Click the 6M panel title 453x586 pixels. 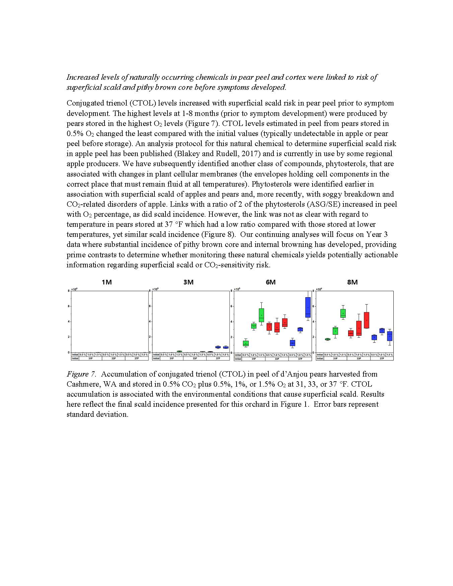270,282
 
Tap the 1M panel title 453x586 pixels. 107,282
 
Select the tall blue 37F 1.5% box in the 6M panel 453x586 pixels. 308,307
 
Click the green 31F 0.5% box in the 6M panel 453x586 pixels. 246,343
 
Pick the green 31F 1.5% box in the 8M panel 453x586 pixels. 343,313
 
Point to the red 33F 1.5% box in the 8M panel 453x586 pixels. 366,320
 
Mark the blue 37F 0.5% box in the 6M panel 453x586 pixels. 292,343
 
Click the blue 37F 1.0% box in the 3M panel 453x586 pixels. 218,347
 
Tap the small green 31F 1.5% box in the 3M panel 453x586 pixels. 179,351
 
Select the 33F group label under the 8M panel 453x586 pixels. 359,359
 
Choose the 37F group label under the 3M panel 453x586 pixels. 218,359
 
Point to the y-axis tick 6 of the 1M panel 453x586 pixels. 69,306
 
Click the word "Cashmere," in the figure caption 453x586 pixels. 82,384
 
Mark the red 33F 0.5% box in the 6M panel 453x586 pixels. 269,327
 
